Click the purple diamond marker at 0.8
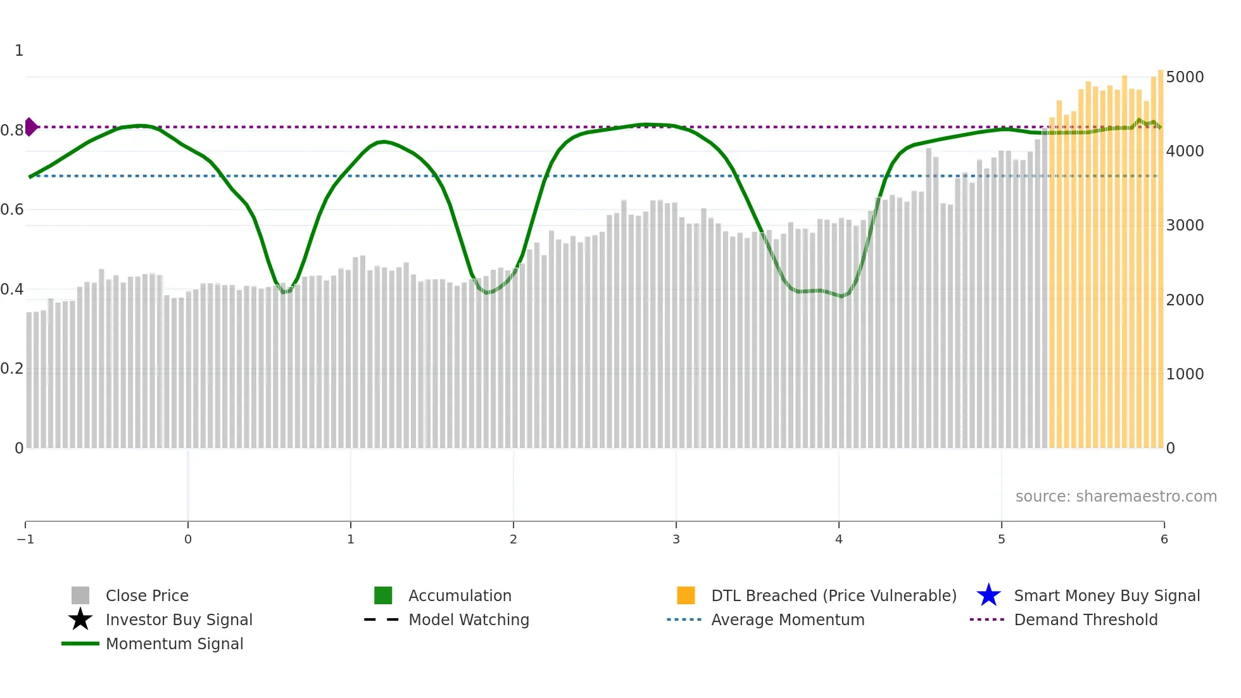pos(30,127)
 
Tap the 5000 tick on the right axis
pos(1184,77)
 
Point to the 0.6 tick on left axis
pos(12,210)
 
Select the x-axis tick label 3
pos(676,539)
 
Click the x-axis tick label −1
pos(25,539)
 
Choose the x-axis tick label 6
pos(1164,539)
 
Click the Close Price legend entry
pos(146,595)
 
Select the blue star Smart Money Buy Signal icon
pos(988,595)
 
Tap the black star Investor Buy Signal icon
pos(80,619)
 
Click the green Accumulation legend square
pos(383,595)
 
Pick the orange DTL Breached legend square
pos(686,595)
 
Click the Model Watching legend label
pos(469,619)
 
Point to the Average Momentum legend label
pos(787,619)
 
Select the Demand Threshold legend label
pos(1085,619)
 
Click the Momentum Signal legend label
pos(174,644)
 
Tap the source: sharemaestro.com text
pos(1116,497)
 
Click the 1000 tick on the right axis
pos(1184,374)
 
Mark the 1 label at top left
pos(19,51)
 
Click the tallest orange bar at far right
pos(1161,253)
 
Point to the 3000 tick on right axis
pos(1184,225)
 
